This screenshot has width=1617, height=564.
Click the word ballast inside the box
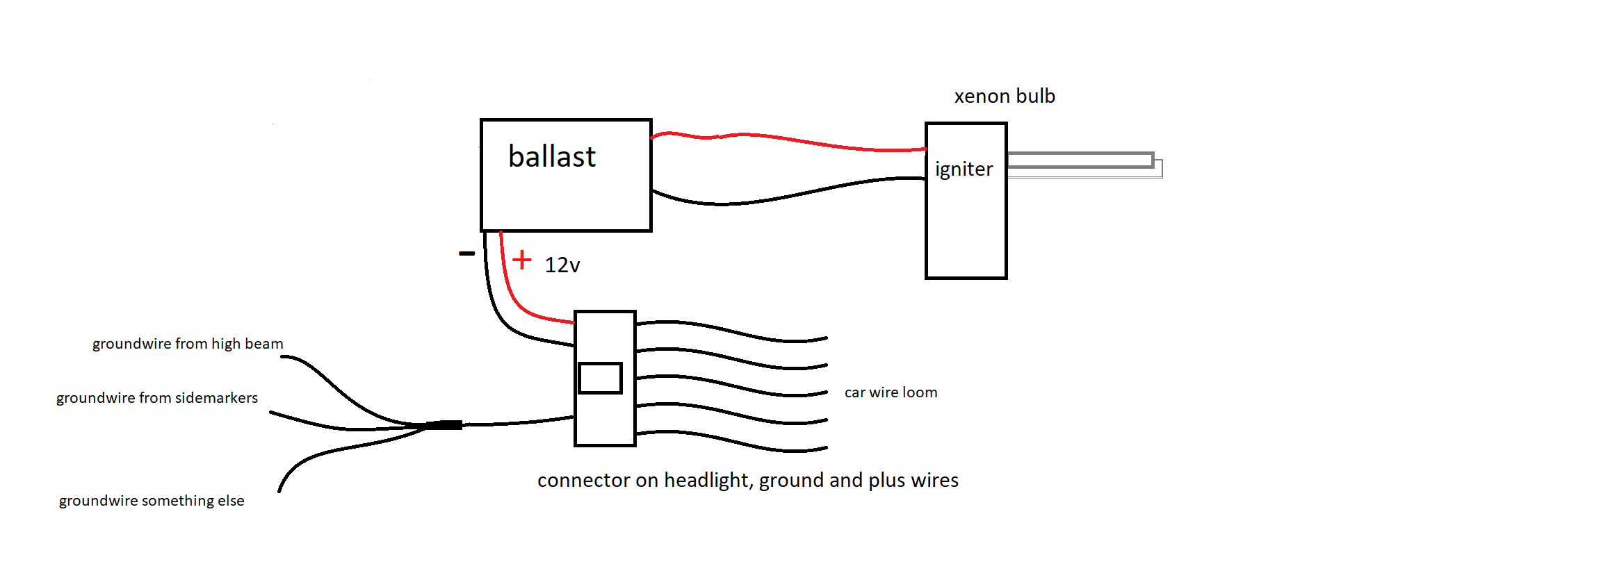pyautogui.click(x=552, y=156)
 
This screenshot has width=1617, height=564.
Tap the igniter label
pyautogui.click(x=964, y=169)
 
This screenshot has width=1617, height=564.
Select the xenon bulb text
pyautogui.click(x=1005, y=96)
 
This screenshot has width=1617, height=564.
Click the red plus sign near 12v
pyautogui.click(x=521, y=260)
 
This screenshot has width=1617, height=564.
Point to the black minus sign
pyautogui.click(x=466, y=254)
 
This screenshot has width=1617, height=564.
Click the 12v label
pyautogui.click(x=562, y=265)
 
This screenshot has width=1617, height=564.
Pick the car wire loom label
pyautogui.click(x=891, y=392)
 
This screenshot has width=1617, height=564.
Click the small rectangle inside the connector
pyautogui.click(x=600, y=378)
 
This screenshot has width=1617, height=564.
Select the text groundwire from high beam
pyautogui.click(x=188, y=344)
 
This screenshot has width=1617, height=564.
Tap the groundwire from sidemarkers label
pyautogui.click(x=157, y=398)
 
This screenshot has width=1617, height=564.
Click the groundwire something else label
pyautogui.click(x=152, y=501)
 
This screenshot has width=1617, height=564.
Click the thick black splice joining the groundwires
pyautogui.click(x=444, y=424)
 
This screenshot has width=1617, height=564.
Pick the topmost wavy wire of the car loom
pyautogui.click(x=731, y=331)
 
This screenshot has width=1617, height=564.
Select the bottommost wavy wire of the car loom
pyautogui.click(x=731, y=441)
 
